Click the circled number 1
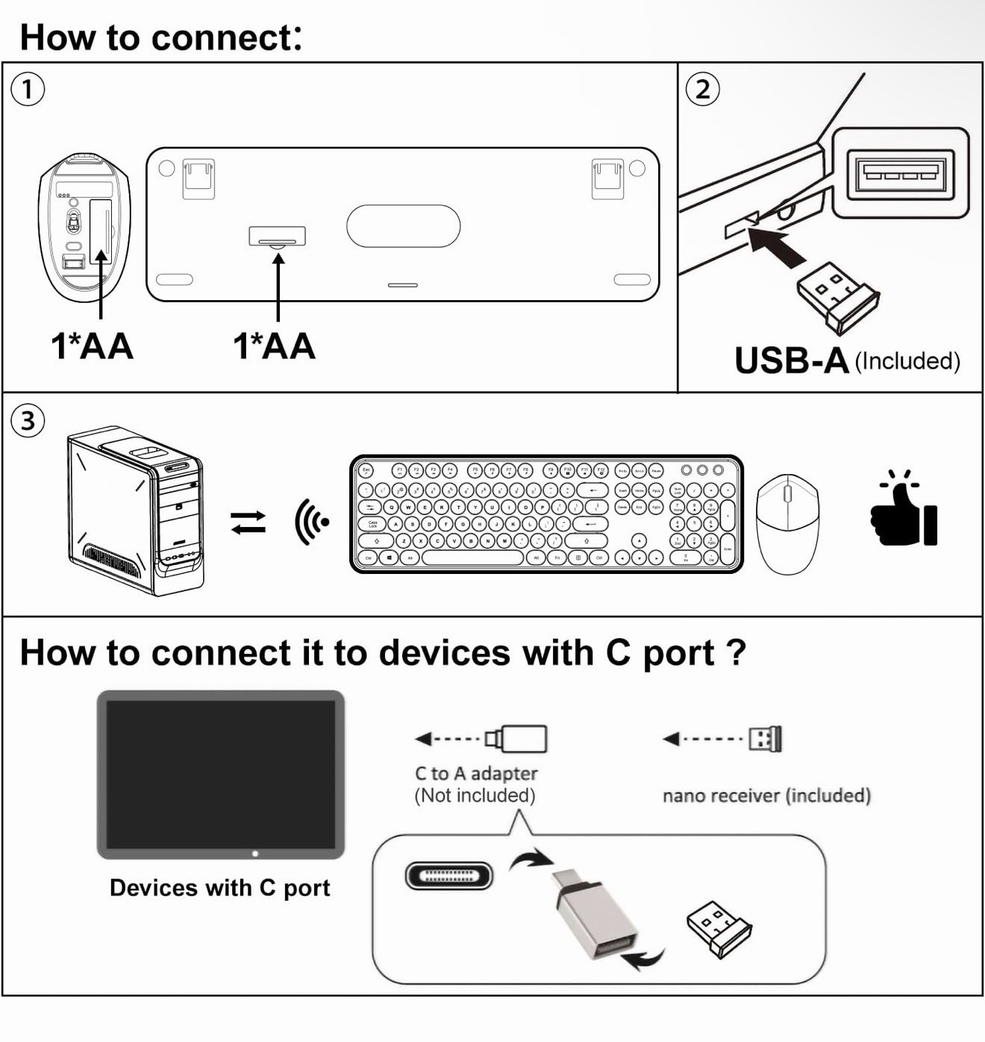tap(28, 90)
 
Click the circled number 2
tap(702, 90)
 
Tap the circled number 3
tap(28, 421)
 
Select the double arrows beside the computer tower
tap(248, 522)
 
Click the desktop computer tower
tap(136, 511)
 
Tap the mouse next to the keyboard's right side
tap(787, 523)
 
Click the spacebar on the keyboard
tap(472, 558)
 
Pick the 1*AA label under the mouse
tap(92, 346)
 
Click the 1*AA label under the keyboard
tap(274, 346)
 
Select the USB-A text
tap(792, 361)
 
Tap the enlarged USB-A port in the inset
tap(900, 173)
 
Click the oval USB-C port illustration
tap(449, 876)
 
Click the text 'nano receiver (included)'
tap(766, 796)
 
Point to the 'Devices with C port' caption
tap(219, 888)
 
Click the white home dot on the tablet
tap(255, 853)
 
